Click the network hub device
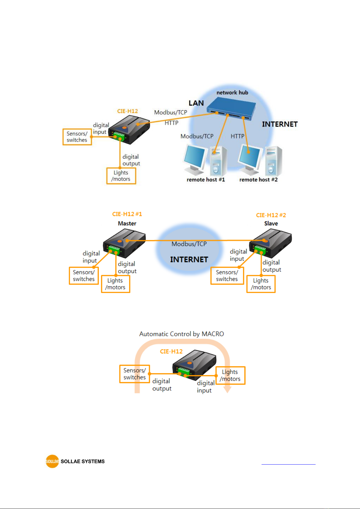[x=231, y=109]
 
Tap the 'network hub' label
[x=232, y=92]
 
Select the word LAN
[x=196, y=103]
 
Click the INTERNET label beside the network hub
[x=280, y=124]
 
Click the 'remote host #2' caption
[x=259, y=179]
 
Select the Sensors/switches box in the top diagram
[x=77, y=137]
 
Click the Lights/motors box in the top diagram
[x=121, y=176]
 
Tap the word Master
[x=127, y=223]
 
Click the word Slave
[x=271, y=223]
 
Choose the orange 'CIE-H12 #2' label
[x=271, y=215]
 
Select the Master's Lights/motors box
[x=116, y=284]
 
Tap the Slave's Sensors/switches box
[x=227, y=275]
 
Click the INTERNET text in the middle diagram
[x=189, y=259]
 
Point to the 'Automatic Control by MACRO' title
[x=182, y=334]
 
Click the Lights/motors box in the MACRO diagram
[x=230, y=375]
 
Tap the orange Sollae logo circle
[x=52, y=461]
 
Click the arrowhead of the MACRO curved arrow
[x=227, y=389]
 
